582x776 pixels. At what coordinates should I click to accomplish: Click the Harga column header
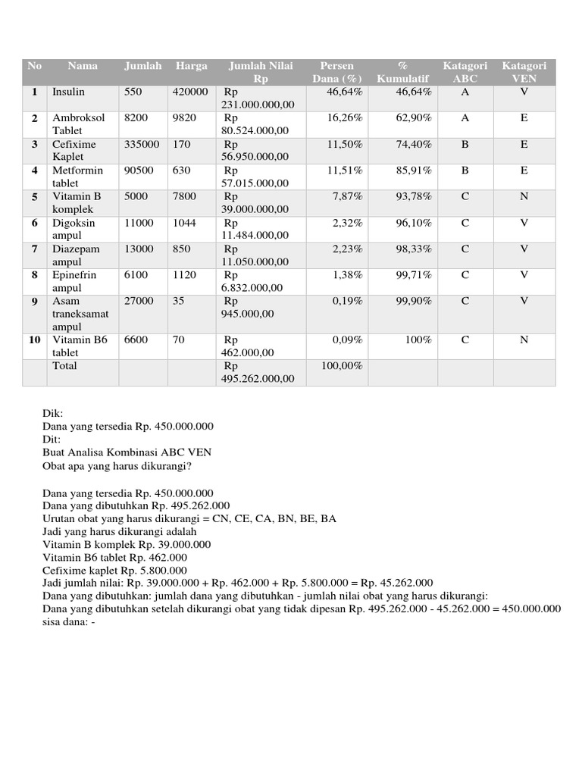(x=191, y=66)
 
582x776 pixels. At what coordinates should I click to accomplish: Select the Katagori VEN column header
(x=524, y=72)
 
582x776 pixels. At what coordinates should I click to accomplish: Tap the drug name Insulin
(x=68, y=92)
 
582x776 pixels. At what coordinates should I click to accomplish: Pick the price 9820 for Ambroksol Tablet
(x=184, y=118)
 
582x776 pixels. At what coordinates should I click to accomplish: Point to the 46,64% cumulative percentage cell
(x=414, y=92)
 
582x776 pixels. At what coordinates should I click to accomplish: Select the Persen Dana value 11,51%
(x=345, y=171)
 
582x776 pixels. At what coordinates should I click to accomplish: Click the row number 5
(x=34, y=197)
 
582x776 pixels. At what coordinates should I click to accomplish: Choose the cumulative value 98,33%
(x=414, y=249)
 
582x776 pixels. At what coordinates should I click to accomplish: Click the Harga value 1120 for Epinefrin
(x=184, y=275)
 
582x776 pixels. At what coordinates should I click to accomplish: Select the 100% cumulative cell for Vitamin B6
(x=418, y=340)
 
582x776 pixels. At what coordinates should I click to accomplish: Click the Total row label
(x=64, y=366)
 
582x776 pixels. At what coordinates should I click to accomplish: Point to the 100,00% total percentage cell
(x=342, y=366)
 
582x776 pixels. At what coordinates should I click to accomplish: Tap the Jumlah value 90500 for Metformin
(x=139, y=171)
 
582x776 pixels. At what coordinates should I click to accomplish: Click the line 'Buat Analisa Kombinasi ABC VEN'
(x=127, y=452)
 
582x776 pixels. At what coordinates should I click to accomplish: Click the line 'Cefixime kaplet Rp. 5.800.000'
(x=114, y=570)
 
